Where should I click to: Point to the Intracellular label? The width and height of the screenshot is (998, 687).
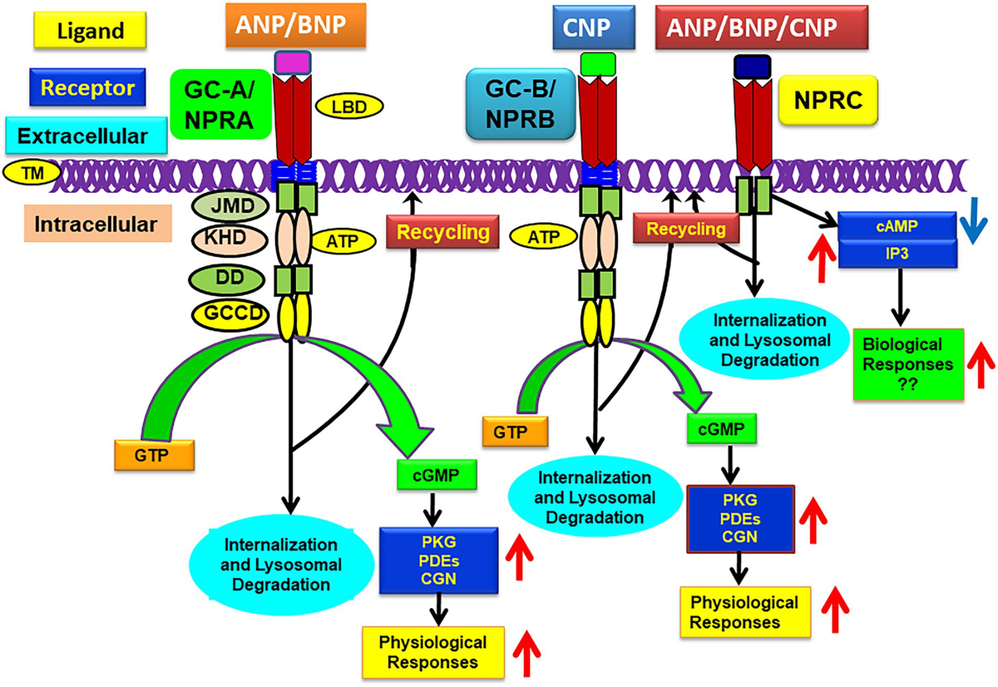[97, 225]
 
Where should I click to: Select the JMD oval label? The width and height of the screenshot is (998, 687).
[228, 205]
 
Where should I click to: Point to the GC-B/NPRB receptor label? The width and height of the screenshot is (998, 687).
[521, 105]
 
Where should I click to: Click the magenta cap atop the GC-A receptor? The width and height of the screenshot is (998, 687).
[291, 62]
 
